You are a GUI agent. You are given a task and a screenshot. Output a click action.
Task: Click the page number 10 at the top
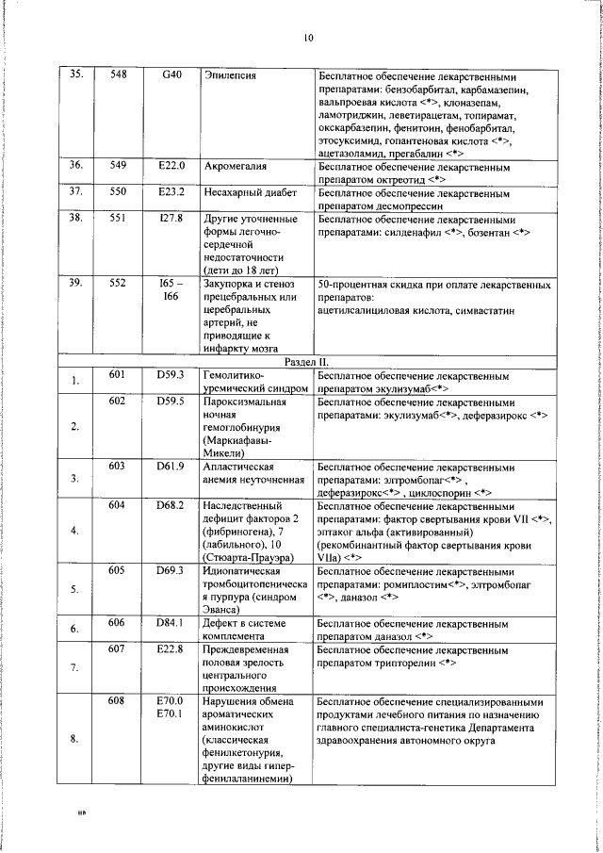pos(308,39)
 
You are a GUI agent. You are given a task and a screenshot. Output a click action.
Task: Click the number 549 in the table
pos(118,165)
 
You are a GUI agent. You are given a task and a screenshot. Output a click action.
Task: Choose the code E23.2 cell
pos(171,191)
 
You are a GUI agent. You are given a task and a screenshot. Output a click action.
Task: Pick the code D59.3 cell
pos(170,375)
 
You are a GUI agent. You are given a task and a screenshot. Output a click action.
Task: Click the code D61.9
pos(170,467)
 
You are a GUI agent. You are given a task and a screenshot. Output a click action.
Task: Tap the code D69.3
pos(170,570)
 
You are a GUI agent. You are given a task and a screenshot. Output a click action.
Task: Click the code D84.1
pos(170,623)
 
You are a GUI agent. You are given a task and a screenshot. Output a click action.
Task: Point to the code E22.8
pos(170,649)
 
